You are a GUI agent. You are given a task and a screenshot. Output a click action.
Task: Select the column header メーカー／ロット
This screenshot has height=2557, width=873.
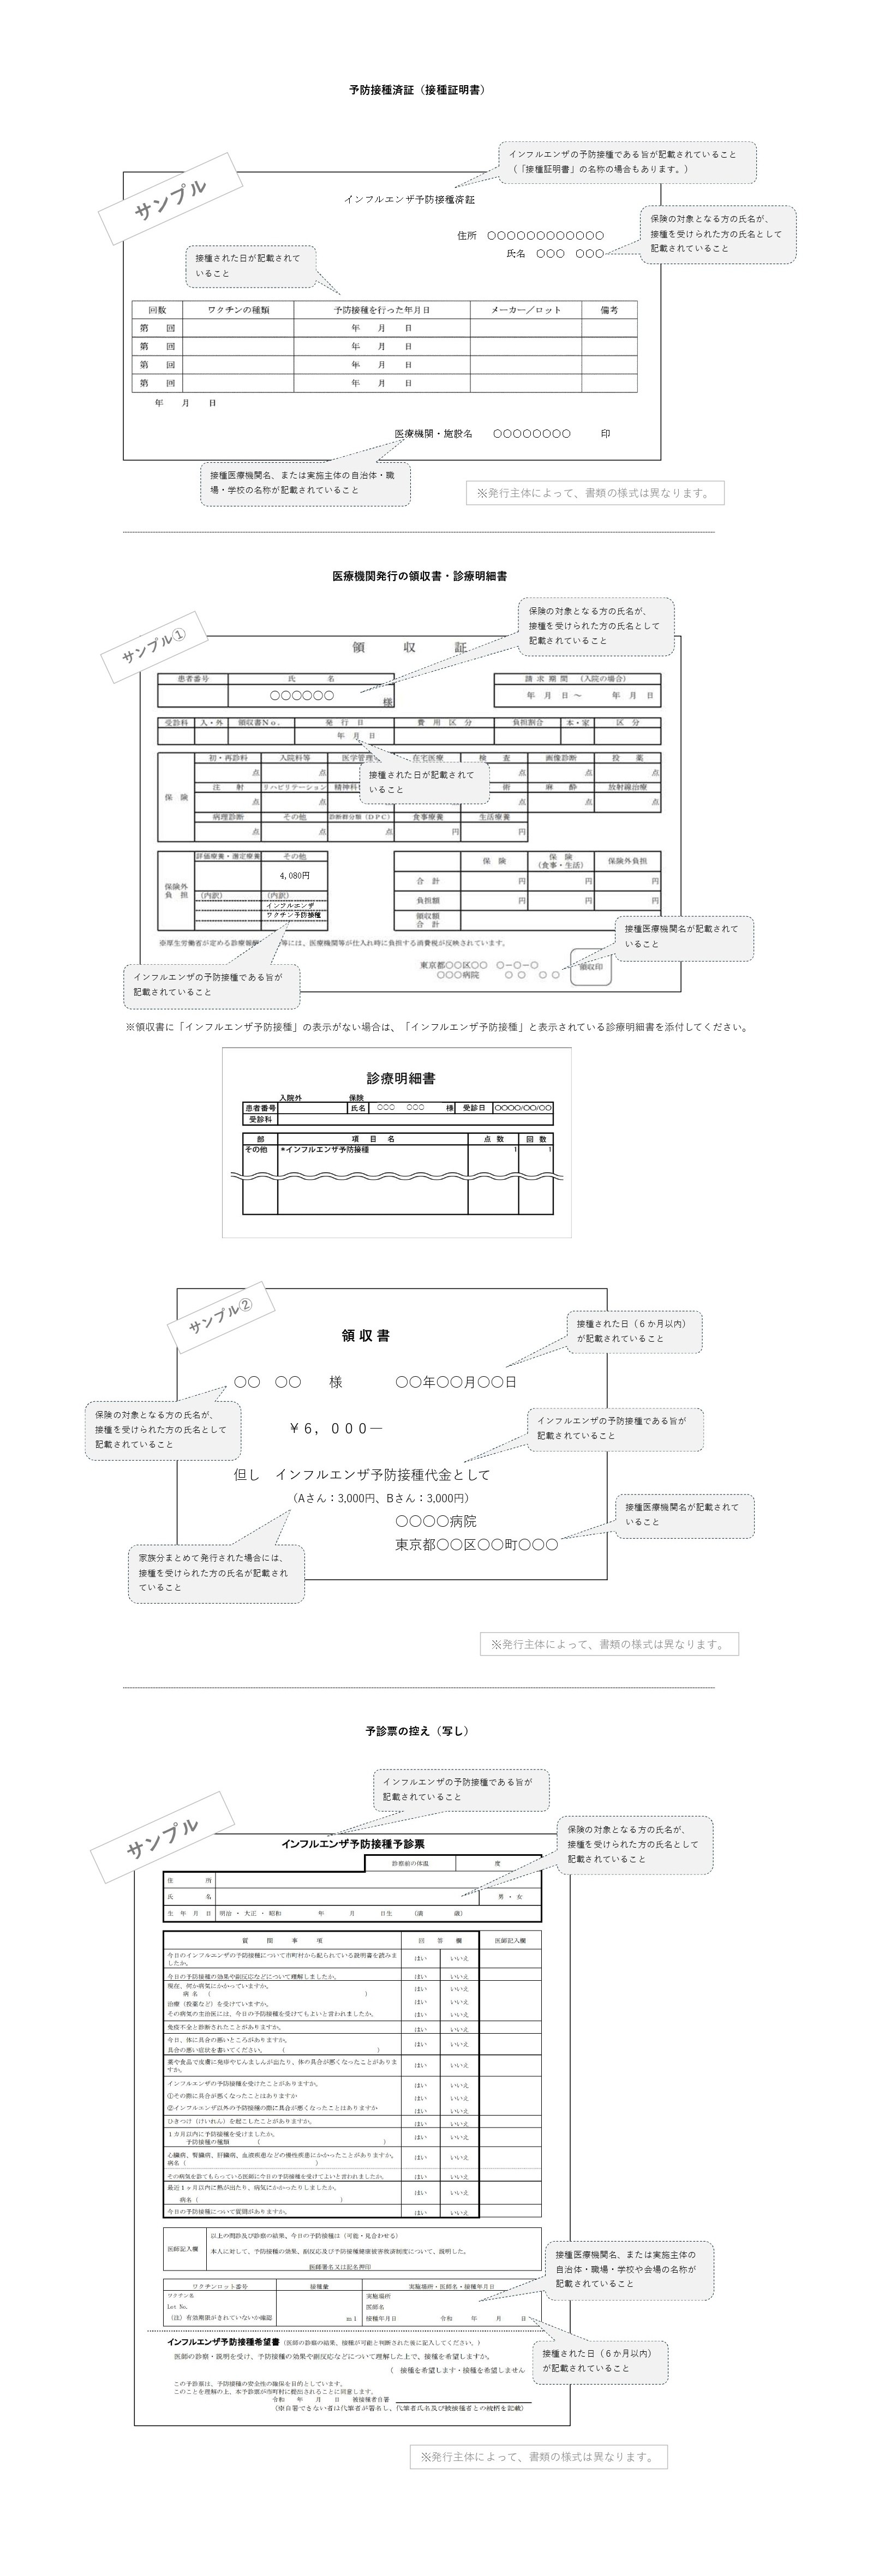point(526,310)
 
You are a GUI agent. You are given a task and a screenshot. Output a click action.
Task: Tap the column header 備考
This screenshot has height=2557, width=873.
point(609,310)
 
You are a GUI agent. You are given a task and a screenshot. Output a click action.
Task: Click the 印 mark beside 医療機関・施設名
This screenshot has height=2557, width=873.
point(605,434)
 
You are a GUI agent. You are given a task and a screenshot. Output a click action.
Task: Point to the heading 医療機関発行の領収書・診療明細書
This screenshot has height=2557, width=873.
point(420,576)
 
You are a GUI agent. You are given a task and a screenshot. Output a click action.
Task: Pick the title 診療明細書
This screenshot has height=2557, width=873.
point(401,1078)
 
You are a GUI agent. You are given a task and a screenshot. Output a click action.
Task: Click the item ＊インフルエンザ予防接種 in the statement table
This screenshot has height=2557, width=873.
point(325,1150)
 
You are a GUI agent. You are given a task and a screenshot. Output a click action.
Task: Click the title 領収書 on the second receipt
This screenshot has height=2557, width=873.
point(366,1336)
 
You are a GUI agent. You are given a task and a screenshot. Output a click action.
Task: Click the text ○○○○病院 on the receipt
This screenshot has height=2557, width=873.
point(435,1521)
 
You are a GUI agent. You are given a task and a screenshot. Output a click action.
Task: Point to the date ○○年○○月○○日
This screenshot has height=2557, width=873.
point(456,1382)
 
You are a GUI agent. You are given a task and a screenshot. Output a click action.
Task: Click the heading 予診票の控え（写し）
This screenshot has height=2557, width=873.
point(417,1731)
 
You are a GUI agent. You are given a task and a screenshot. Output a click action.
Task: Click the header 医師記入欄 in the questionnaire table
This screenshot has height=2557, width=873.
point(510,1940)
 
